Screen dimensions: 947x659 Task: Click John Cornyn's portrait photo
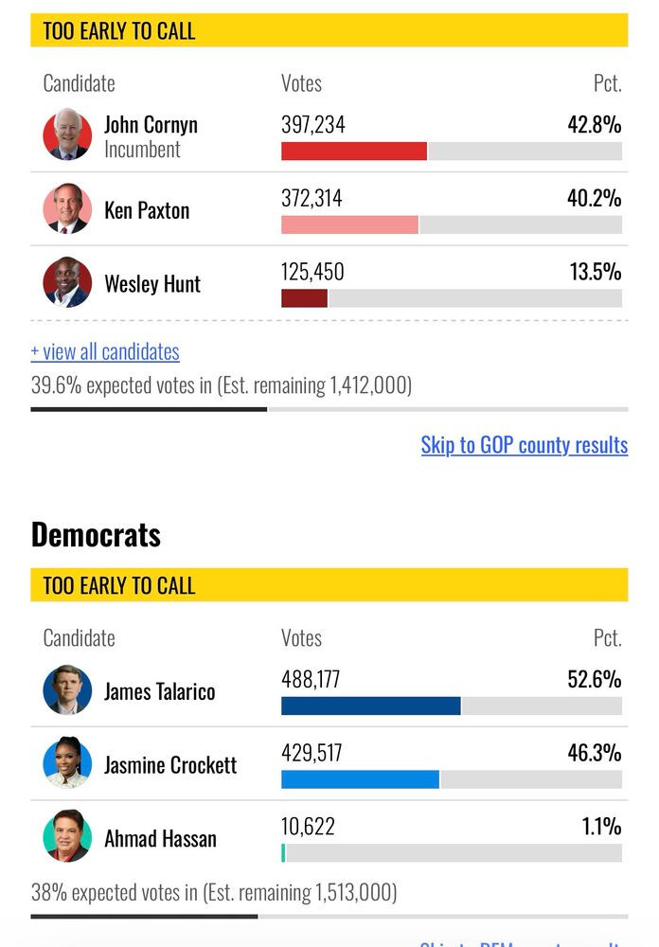[x=67, y=135]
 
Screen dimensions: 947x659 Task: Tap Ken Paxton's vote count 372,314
[x=312, y=199]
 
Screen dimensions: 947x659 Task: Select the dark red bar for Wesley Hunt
[x=304, y=298]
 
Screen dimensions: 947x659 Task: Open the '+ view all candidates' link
[x=105, y=352]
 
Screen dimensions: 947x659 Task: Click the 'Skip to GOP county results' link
[x=524, y=445]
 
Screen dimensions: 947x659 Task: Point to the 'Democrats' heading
[x=96, y=535]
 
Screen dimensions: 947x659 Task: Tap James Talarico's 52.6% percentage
[x=594, y=680]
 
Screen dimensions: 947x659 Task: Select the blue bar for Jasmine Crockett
[x=360, y=779]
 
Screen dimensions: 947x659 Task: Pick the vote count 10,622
[x=308, y=827]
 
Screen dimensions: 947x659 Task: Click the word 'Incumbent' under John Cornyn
[x=142, y=150]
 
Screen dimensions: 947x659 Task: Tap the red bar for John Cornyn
[x=353, y=151]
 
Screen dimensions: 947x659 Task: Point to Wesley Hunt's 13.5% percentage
[x=595, y=273]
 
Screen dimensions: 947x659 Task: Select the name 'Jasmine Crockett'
[x=170, y=765]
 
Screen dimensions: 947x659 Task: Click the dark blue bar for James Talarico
[x=370, y=706]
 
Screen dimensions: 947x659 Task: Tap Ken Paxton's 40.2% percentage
[x=594, y=199]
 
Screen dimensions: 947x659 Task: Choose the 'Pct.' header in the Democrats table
[x=607, y=638]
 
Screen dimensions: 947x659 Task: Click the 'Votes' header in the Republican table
[x=301, y=83]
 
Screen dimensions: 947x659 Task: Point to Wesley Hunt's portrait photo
[x=67, y=282]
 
